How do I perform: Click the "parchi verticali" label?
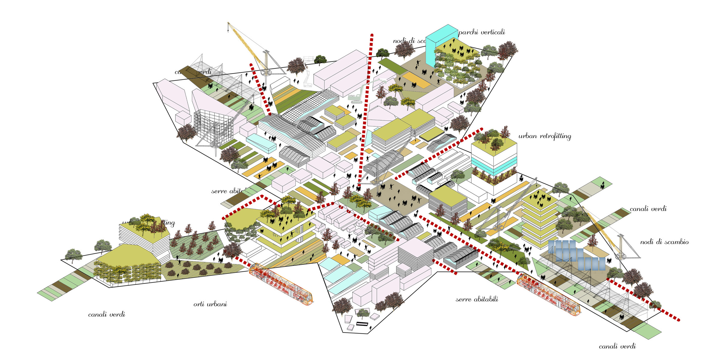point(481,32)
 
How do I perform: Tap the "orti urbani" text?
point(210,304)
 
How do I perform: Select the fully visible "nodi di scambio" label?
point(664,242)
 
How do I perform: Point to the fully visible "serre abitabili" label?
point(477,299)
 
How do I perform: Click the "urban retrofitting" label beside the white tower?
point(545,136)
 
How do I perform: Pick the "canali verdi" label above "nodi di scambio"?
point(648,209)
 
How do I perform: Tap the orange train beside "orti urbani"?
point(281,284)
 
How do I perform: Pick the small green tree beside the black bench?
point(363,313)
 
